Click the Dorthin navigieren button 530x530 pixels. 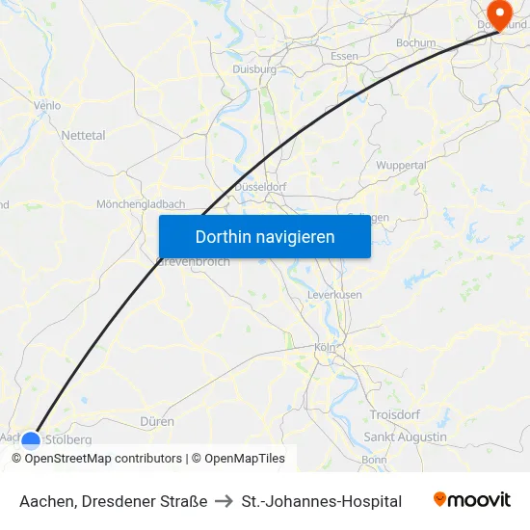(265, 236)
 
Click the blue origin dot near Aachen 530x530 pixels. (32, 441)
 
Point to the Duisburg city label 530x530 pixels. (254, 69)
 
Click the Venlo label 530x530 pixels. (46, 105)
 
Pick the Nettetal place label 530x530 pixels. (83, 136)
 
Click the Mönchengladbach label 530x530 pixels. (141, 204)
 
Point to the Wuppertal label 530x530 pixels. (401, 166)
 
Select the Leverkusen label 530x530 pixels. (333, 294)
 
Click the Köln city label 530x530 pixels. (325, 348)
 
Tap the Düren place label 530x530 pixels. (157, 421)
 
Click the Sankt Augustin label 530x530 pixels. (406, 437)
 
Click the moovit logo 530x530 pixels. (472, 500)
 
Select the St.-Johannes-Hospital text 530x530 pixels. (322, 501)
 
